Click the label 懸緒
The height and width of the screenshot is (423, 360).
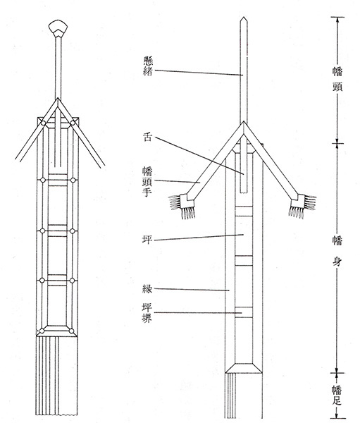148,66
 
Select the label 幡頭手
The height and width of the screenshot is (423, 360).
147,182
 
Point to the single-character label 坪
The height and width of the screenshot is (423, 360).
147,239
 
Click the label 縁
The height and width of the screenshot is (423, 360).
147,289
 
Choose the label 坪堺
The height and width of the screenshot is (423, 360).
147,313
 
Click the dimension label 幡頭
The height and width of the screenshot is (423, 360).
337,80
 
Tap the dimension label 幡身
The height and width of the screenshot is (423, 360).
337,251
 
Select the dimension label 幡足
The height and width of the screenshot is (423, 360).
337,396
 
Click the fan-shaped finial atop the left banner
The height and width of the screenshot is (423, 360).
58,28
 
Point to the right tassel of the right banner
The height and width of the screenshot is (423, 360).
302,206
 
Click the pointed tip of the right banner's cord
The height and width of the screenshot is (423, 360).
244,17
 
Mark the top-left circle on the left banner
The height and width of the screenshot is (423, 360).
43,123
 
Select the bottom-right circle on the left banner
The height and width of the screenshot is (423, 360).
71,331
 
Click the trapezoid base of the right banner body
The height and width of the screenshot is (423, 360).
244,368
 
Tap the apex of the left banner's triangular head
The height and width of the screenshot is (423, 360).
58,99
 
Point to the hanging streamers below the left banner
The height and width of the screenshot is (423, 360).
56,376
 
